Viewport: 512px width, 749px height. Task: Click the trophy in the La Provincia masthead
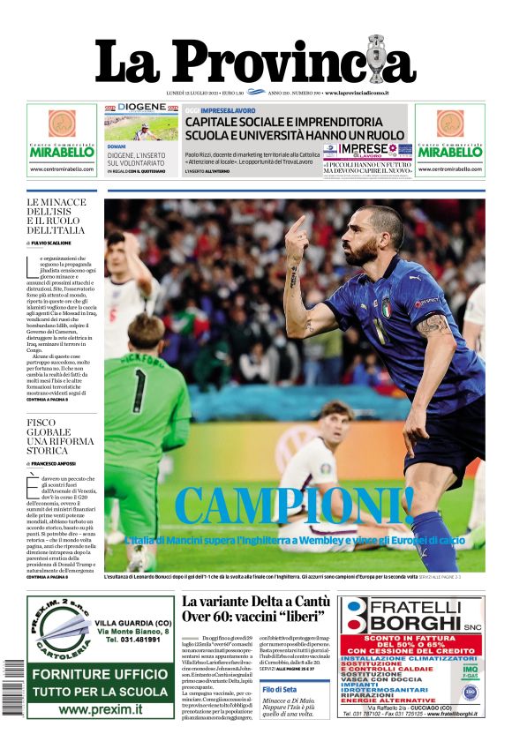(378, 59)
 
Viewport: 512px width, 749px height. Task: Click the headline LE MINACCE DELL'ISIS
(56, 215)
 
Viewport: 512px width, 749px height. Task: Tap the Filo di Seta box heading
(279, 689)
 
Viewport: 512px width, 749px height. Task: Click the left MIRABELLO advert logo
(61, 151)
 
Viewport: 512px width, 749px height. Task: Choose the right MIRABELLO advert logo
(449, 151)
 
